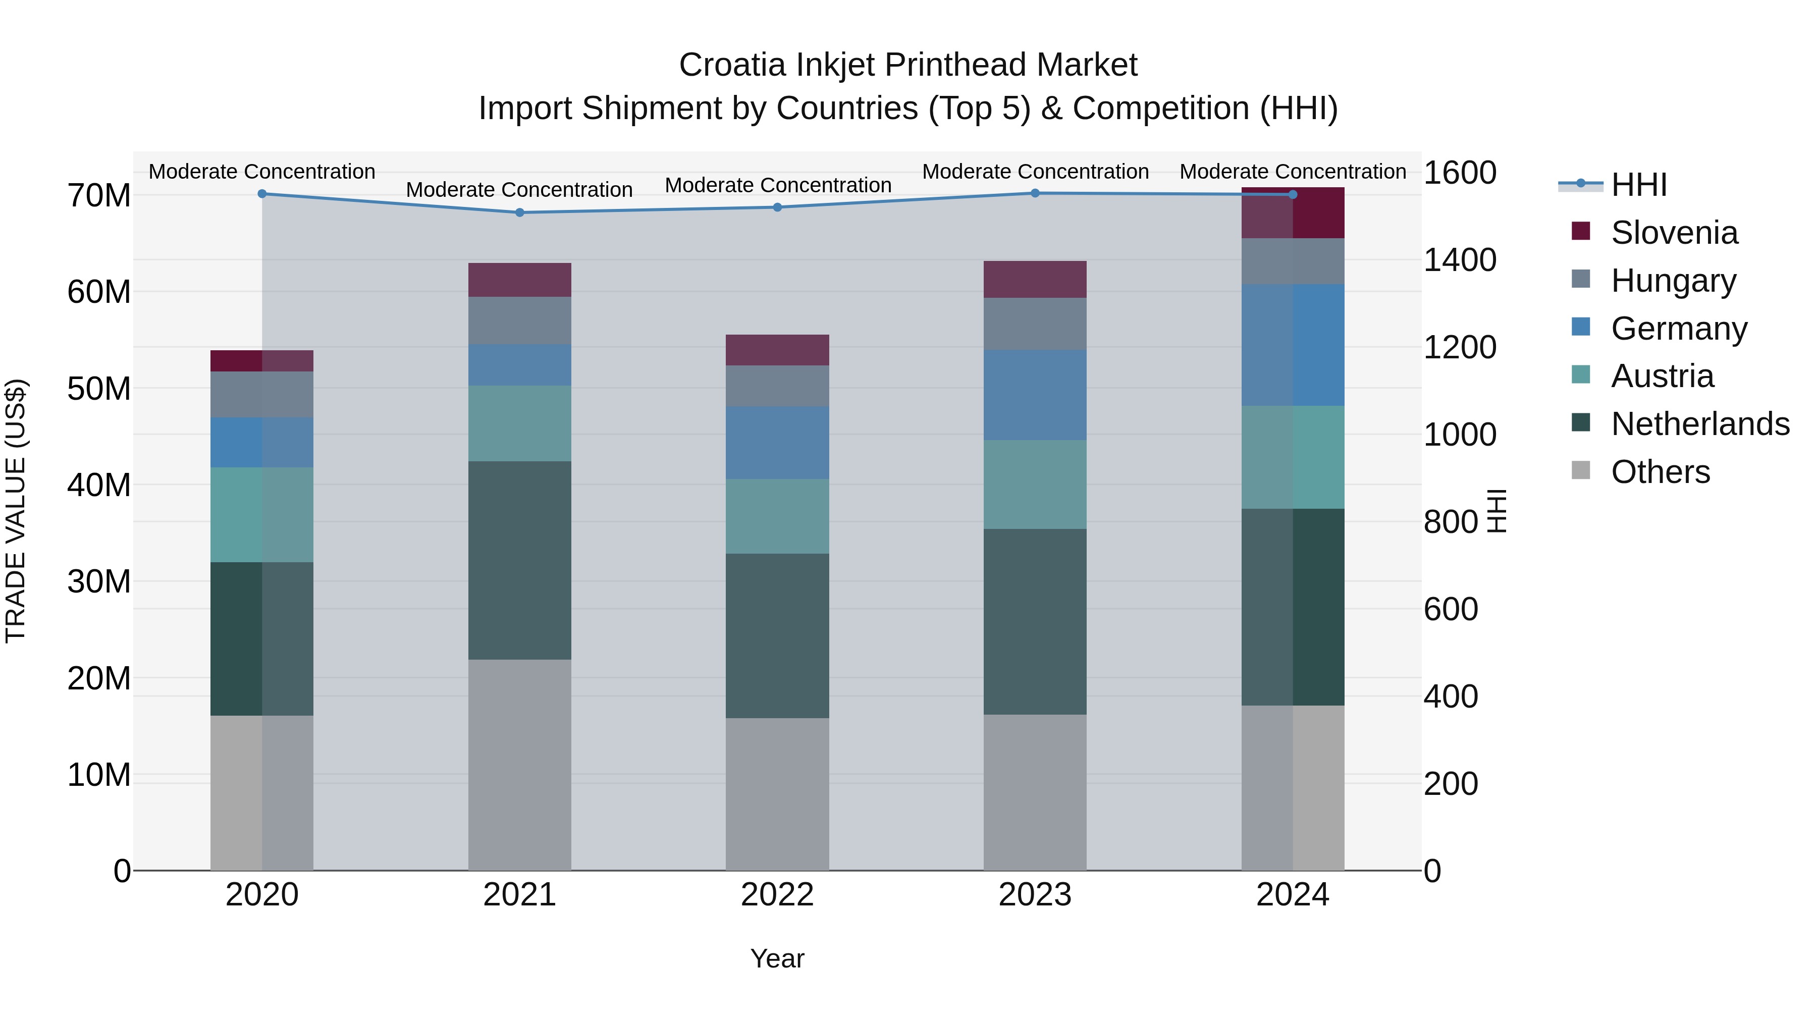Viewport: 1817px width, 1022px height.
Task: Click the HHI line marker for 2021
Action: [520, 212]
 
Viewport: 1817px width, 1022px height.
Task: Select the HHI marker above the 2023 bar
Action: [1035, 193]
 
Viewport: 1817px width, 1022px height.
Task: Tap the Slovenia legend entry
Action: [1674, 233]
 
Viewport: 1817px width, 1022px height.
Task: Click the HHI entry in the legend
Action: [1638, 185]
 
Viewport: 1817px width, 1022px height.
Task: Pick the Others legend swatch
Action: [1581, 470]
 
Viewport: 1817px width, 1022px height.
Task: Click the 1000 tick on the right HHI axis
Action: [1459, 435]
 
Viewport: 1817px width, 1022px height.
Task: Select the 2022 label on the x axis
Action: [777, 895]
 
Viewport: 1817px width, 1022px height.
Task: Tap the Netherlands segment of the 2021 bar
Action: [520, 561]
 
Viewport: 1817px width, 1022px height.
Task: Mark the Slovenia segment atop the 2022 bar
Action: [777, 350]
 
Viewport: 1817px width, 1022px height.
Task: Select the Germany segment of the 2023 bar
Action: [1035, 395]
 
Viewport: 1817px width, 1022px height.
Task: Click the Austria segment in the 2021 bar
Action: [520, 423]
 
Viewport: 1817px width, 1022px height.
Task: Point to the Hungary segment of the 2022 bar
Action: [777, 386]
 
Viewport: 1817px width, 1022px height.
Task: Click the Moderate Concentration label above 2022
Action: [778, 186]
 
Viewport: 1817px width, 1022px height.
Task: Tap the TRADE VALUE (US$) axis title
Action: [16, 511]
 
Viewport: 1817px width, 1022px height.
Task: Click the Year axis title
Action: [777, 958]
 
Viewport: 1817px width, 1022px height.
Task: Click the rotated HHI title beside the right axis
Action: [1496, 511]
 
